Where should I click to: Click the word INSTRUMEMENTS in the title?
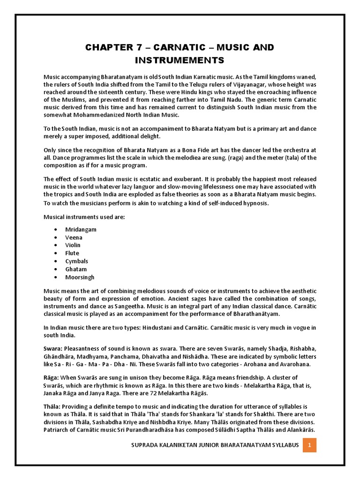click(180, 60)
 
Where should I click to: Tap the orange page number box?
click(309, 444)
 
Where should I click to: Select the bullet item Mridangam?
click(81, 229)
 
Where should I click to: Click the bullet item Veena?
click(74, 237)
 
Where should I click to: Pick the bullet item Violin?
click(73, 245)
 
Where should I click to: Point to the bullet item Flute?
click(72, 253)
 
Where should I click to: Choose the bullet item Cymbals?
click(76, 261)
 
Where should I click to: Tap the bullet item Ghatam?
click(76, 269)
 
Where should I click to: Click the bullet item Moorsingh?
click(80, 277)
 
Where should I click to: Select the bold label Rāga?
click(52, 377)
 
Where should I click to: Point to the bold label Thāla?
click(52, 406)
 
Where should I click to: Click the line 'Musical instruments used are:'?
click(84, 217)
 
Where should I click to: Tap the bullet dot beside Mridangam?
click(56, 229)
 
